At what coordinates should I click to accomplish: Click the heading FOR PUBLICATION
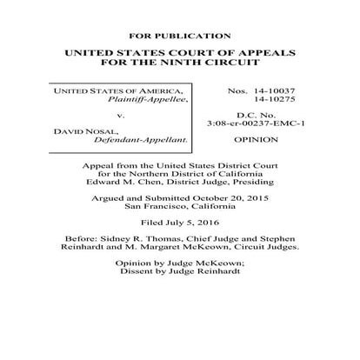(180, 36)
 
